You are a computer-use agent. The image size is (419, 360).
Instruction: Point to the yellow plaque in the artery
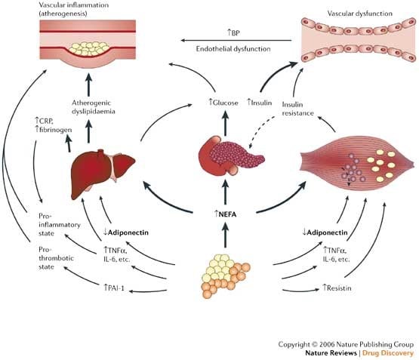point(89,48)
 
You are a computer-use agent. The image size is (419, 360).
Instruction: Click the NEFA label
point(225,214)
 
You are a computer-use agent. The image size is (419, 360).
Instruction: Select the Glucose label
point(223,103)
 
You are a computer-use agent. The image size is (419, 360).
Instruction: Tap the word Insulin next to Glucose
point(259,103)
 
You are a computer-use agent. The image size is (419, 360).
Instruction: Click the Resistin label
point(337,288)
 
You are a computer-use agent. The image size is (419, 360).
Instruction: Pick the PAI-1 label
point(114,288)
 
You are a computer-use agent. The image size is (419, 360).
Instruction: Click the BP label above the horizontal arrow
point(233,33)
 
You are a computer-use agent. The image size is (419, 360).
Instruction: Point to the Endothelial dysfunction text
point(233,49)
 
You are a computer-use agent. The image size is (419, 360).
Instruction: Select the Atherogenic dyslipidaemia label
point(94,107)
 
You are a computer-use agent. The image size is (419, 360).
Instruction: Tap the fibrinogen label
point(54,130)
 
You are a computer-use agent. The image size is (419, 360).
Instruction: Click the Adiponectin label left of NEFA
point(126,232)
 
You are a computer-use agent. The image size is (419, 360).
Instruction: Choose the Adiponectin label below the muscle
point(325,232)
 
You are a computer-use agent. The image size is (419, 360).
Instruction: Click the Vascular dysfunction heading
point(360,14)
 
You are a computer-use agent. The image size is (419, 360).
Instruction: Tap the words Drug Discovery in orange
point(388,353)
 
